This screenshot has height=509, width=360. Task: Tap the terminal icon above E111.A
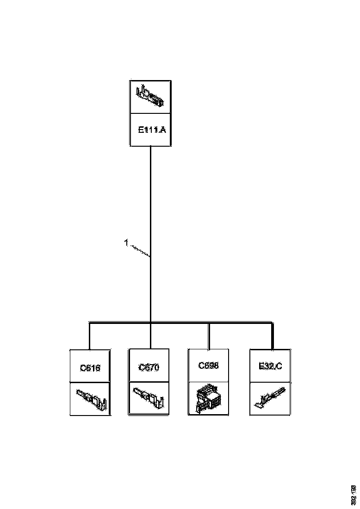click(x=150, y=96)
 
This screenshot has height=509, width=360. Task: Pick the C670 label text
click(x=149, y=367)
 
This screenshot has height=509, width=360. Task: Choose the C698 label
click(x=208, y=365)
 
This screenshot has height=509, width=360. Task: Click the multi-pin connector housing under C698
click(x=208, y=399)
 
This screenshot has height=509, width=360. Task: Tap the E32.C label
click(x=270, y=367)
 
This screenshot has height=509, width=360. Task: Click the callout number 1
click(x=126, y=242)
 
